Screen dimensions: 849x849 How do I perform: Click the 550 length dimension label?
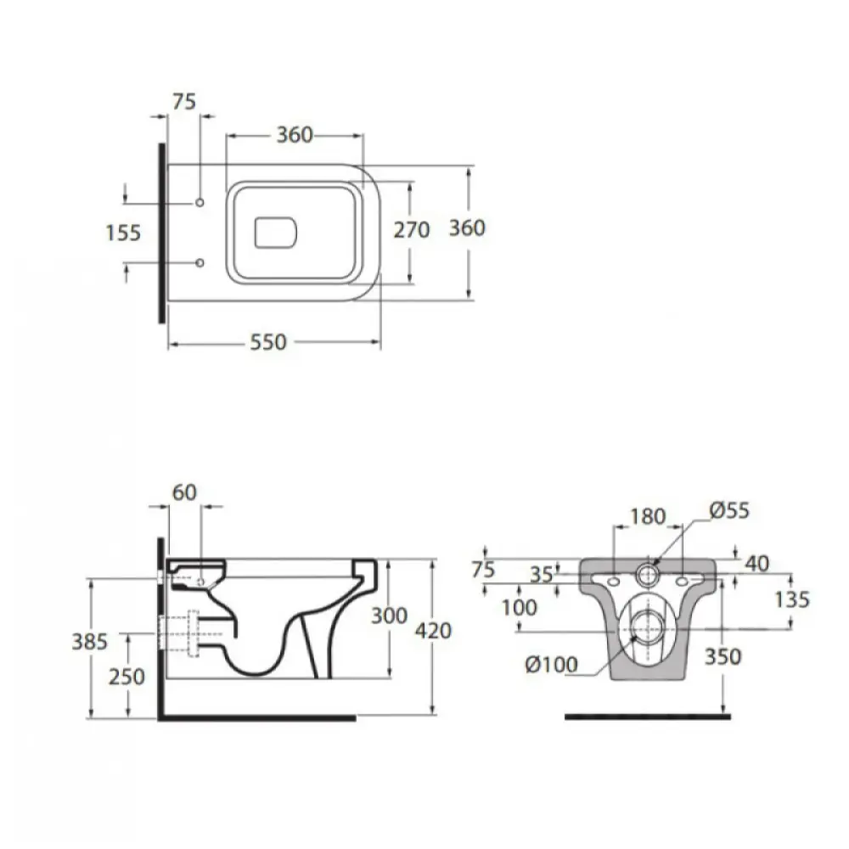[x=268, y=342]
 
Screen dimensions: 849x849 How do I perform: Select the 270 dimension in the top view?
[x=412, y=230]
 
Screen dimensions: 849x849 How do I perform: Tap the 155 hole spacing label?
[x=123, y=233]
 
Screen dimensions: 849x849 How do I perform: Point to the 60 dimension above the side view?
[x=184, y=492]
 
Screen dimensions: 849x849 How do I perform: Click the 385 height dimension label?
[x=90, y=642]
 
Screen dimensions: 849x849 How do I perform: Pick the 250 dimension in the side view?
[x=127, y=677]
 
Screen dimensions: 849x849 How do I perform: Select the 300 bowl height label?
[x=390, y=616]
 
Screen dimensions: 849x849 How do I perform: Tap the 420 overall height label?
[x=433, y=631]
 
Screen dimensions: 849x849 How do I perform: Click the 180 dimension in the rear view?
[x=648, y=516]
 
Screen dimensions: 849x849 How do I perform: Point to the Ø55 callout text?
[x=729, y=510]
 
